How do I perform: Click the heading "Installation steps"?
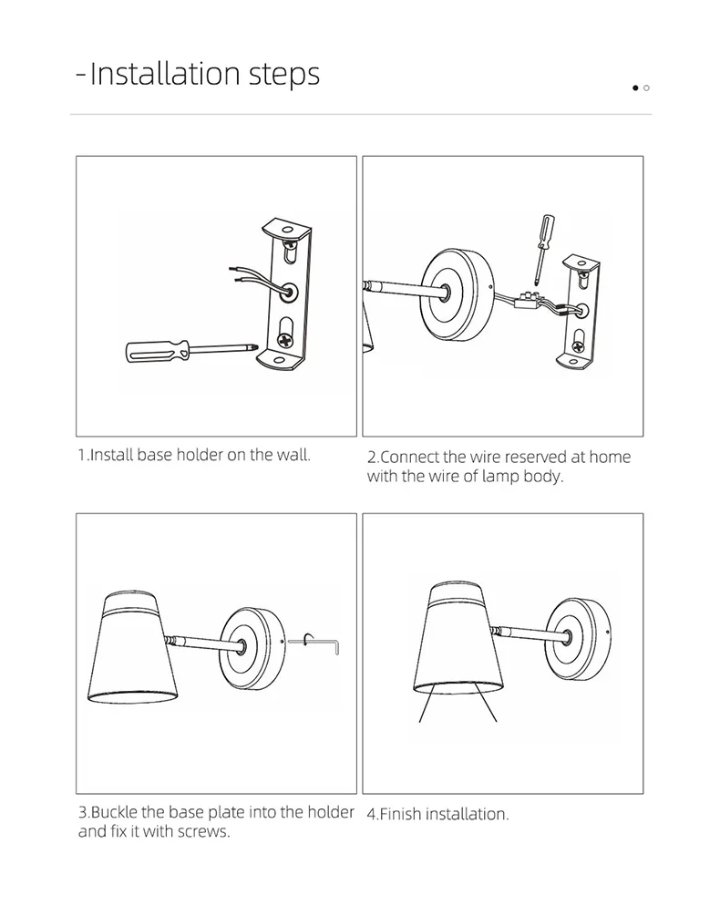(198, 73)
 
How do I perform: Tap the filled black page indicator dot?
(635, 88)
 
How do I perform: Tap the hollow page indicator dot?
(646, 88)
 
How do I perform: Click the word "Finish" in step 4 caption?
(400, 814)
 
